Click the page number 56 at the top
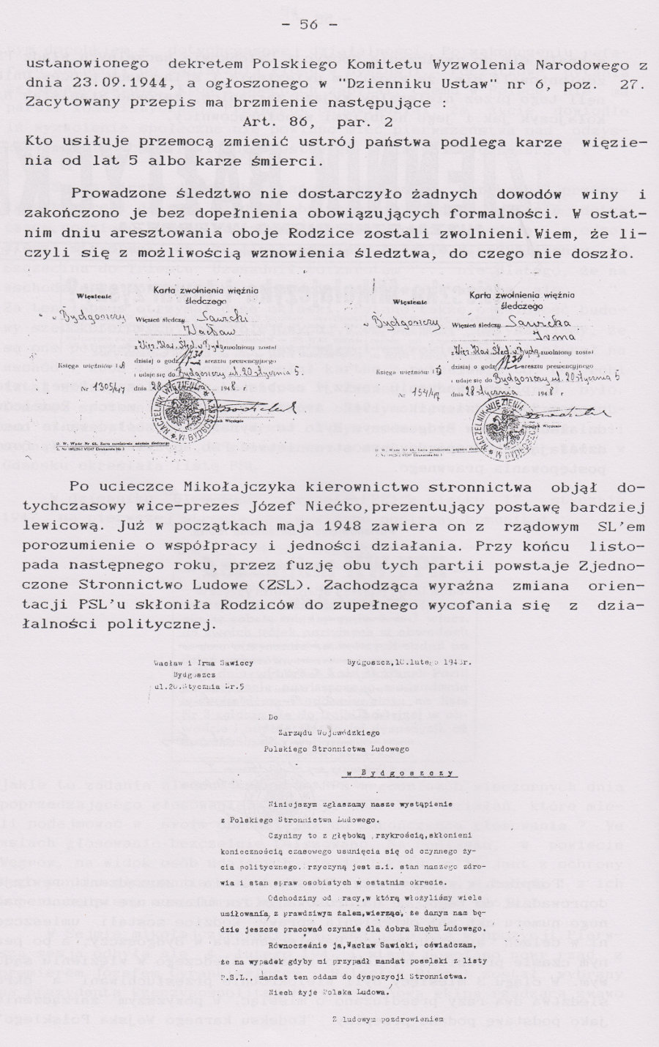[308, 25]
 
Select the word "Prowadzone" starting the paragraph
[117, 194]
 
